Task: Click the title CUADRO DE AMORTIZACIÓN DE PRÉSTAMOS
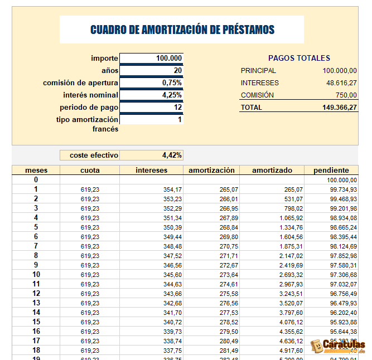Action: click(x=182, y=30)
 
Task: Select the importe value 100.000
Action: click(x=169, y=58)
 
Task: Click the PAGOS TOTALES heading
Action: click(x=299, y=58)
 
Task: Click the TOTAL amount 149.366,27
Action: click(x=339, y=107)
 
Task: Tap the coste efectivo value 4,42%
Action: click(x=172, y=155)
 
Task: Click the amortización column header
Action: click(x=212, y=170)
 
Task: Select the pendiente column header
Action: click(x=331, y=170)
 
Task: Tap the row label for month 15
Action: click(x=36, y=322)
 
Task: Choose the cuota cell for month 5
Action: click(x=90, y=227)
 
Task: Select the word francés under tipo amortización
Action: click(x=105, y=129)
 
